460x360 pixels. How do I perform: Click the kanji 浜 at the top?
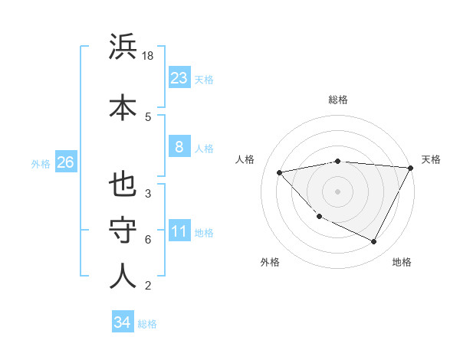coord(123,47)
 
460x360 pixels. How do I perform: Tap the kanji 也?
coord(123,185)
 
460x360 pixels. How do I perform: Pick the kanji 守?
coord(123,231)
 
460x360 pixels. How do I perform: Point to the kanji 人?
coord(123,277)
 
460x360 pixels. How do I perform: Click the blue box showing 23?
coord(179,78)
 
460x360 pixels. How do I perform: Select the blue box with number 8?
coord(179,147)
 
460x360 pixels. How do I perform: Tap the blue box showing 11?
coord(179,231)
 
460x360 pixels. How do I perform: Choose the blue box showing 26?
coord(65,162)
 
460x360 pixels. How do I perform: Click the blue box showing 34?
coord(122,322)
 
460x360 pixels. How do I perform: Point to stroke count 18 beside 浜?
coord(149,56)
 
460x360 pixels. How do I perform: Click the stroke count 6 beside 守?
coord(148,240)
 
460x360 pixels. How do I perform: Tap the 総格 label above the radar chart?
coord(338,100)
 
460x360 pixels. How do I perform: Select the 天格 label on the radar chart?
coord(431,159)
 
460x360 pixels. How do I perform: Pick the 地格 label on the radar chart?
coord(402,263)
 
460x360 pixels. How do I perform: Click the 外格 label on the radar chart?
coord(270,263)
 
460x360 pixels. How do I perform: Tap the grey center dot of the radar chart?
coord(337,191)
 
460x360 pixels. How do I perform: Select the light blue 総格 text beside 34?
coord(147,324)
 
